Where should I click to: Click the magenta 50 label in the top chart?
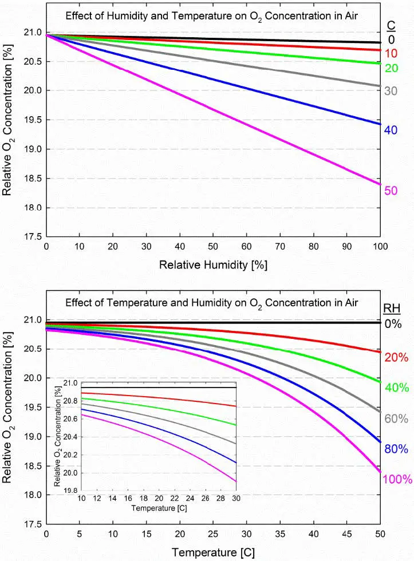[x=391, y=191]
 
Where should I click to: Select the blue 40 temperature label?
[x=391, y=130]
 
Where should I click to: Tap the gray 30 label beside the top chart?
[x=391, y=90]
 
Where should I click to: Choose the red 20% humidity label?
[x=396, y=357]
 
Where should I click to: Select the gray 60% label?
[x=396, y=418]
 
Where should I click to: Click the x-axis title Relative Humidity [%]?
[x=213, y=265]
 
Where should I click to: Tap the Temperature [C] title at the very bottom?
[x=213, y=552]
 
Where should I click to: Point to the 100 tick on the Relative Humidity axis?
[x=380, y=247]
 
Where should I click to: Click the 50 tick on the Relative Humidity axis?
[x=213, y=247]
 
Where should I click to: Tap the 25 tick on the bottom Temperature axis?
[x=213, y=534]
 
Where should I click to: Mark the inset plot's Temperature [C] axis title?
[x=159, y=508]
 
